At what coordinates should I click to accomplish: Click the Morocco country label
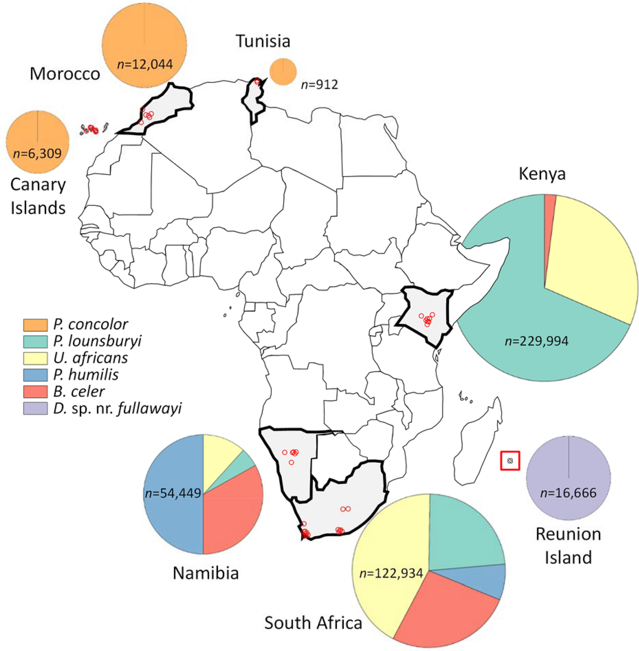click(x=65, y=74)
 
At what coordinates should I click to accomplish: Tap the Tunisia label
click(x=263, y=41)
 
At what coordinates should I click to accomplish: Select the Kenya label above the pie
click(x=542, y=174)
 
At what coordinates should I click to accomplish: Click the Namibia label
click(x=206, y=573)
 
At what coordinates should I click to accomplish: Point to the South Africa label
click(x=313, y=623)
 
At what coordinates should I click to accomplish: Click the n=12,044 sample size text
click(x=145, y=65)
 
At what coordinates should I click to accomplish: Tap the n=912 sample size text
click(x=319, y=85)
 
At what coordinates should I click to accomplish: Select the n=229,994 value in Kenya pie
click(x=536, y=341)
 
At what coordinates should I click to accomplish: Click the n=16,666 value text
click(x=568, y=493)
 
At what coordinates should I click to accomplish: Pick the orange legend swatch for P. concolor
click(x=35, y=325)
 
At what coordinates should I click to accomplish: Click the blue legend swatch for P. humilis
click(x=35, y=375)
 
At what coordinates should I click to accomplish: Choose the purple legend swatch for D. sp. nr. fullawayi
click(x=35, y=408)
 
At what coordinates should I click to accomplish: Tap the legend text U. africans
click(x=91, y=358)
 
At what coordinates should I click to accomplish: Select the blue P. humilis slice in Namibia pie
click(x=173, y=520)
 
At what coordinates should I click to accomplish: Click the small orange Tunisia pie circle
click(x=283, y=72)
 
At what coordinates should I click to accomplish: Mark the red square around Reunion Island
click(x=510, y=461)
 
